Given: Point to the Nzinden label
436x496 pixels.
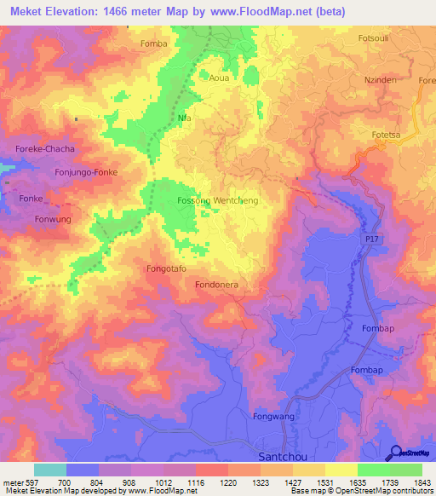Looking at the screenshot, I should point(380,78).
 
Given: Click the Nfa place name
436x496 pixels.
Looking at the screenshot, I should point(184,118).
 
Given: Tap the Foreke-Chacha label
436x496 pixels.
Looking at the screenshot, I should point(45,149).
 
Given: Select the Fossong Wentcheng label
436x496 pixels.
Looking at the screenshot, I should point(217,200).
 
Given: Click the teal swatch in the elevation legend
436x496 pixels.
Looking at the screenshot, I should point(49,470).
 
